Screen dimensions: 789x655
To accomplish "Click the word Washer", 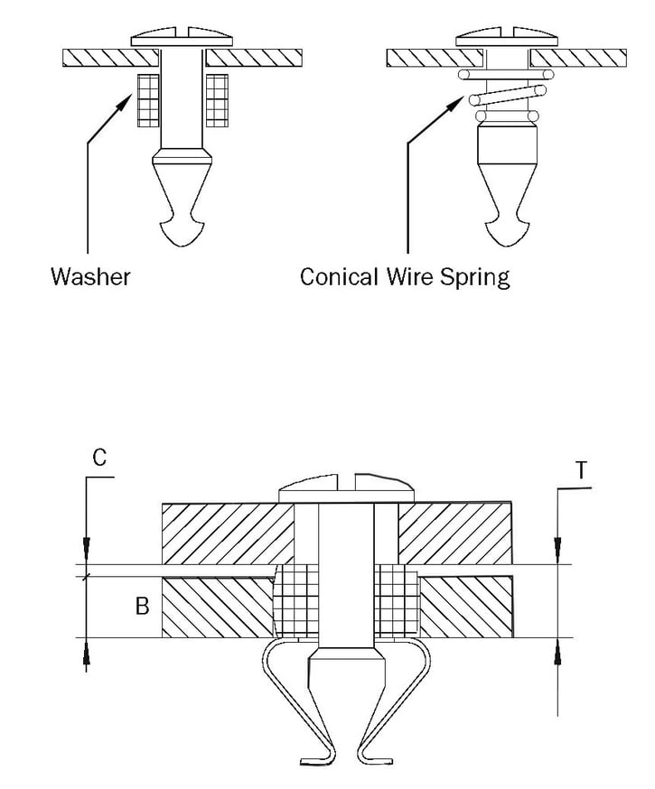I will [x=90, y=275].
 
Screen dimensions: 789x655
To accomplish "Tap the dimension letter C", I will [x=99, y=458].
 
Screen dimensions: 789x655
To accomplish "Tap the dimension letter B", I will [x=142, y=606].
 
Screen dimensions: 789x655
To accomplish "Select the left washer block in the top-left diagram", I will [x=146, y=100].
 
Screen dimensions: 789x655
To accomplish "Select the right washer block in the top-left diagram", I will [x=217, y=100].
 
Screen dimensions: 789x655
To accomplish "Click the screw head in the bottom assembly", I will [x=347, y=491].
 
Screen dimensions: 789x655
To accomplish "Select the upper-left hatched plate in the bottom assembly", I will [x=226, y=533].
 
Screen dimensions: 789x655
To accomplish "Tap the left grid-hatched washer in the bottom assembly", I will [x=291, y=600].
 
